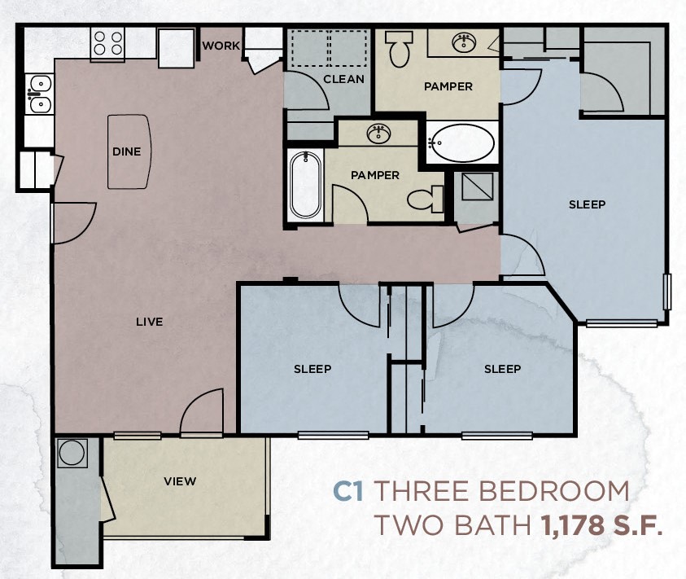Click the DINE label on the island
(x=127, y=151)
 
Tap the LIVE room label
(x=150, y=322)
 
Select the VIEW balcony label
(x=180, y=480)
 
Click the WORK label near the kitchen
(x=221, y=46)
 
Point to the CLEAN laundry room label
(x=343, y=79)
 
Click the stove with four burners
(x=107, y=43)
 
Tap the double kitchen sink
(x=37, y=94)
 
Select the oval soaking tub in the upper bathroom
(x=461, y=145)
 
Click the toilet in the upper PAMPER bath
(x=399, y=50)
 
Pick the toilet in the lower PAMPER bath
(x=425, y=199)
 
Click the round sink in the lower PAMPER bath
(x=378, y=134)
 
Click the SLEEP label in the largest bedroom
(x=587, y=204)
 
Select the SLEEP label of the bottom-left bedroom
(x=312, y=369)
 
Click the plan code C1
(x=347, y=492)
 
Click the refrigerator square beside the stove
(x=175, y=49)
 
